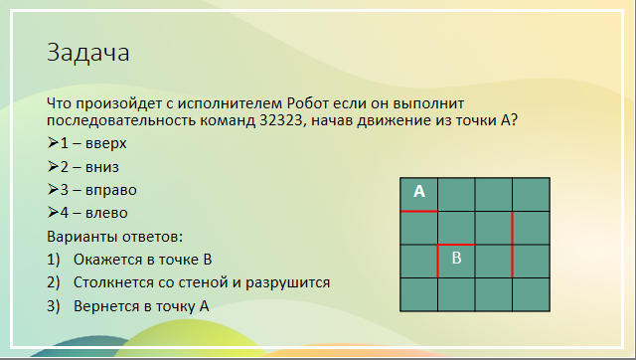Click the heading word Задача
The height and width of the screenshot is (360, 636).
tap(88, 53)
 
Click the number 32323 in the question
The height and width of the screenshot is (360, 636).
tap(279, 120)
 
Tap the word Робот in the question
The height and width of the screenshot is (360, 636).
tap(307, 103)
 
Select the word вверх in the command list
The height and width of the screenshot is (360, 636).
tap(106, 143)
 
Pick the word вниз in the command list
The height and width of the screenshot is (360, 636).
tap(102, 167)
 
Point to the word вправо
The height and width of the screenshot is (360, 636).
tap(110, 190)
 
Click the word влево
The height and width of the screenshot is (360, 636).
tap(106, 213)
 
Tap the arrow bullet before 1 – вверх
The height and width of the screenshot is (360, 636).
tap(53, 143)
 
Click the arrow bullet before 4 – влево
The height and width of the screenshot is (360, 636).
tap(53, 212)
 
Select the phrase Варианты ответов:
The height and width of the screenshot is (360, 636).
tap(115, 237)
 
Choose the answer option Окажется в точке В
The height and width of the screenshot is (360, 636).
tap(143, 260)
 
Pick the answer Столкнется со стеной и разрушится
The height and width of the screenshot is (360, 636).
tap(202, 282)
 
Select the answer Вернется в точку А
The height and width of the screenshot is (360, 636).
tap(141, 306)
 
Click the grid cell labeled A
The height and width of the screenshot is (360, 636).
tap(419, 194)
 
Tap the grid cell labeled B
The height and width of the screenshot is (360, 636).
tap(456, 261)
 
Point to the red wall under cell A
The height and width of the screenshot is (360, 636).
tap(419, 211)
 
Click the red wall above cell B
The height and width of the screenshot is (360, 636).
tap(456, 245)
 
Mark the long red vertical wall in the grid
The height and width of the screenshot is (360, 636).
tap(513, 245)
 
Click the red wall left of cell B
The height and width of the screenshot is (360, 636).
tap(437, 261)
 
